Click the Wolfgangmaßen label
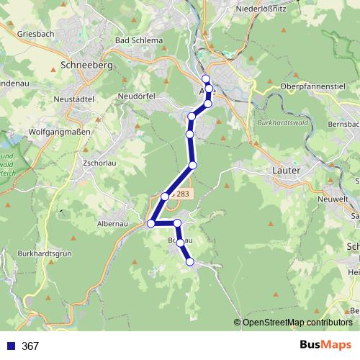pyautogui.click(x=58, y=132)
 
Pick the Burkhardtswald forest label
pyautogui.click(x=282, y=123)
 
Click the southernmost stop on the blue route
pyautogui.click(x=190, y=262)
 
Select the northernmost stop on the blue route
pyautogui.click(x=205, y=78)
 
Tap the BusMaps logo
pyautogui.click(x=325, y=346)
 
